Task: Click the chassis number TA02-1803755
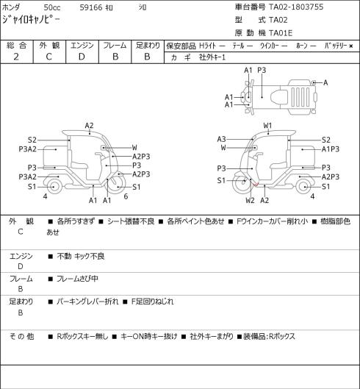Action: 296,7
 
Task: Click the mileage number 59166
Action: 91,7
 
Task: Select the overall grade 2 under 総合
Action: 16,57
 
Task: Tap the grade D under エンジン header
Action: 82,57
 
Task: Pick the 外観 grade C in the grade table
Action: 48,57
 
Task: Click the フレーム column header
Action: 115,46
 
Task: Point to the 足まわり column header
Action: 148,46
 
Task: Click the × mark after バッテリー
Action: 351,46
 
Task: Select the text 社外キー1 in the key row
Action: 212,57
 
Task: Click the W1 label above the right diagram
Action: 267,126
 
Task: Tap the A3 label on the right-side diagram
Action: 221,139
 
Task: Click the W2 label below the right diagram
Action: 251,200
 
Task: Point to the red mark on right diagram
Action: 256,184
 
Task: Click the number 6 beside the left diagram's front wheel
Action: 126,196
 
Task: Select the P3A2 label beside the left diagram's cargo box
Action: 27,149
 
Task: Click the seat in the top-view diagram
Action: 278,96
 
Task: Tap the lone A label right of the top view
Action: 325,82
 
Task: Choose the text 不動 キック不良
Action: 81,256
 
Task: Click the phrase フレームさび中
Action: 77,279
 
